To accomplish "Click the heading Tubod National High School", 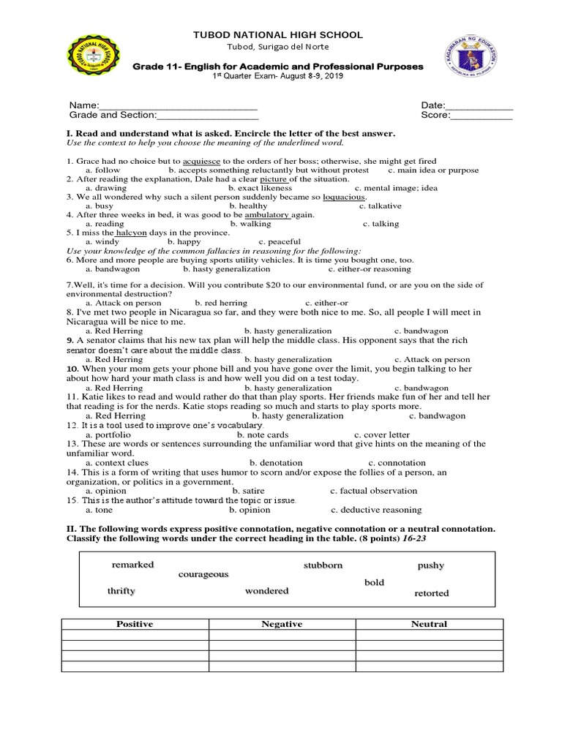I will tap(277, 35).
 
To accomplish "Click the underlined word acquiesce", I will tap(202, 161).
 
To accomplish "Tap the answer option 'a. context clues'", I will tap(117, 463).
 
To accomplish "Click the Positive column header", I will tap(135, 624).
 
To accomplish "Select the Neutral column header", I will tap(429, 624).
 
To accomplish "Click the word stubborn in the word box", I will tap(323, 565).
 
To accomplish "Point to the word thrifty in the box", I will tap(121, 590).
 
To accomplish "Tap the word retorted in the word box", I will tap(431, 593).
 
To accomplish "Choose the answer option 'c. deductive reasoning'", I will tap(376, 510).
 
